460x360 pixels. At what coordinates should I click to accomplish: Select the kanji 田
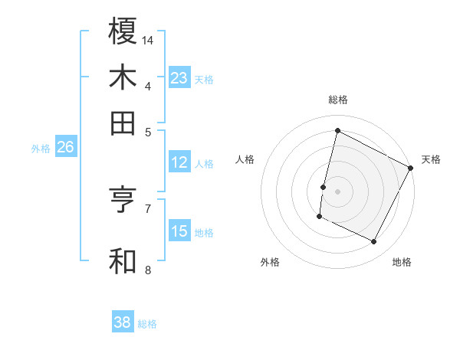123,123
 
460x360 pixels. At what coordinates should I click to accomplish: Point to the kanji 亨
123,200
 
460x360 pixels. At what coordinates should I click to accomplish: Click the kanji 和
123,260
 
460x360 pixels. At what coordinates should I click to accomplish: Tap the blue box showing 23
179,78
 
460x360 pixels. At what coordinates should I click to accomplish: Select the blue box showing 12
179,162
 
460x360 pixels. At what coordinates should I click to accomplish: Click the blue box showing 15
179,231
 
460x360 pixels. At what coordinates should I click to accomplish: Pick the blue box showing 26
65,147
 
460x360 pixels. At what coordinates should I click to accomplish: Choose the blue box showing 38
123,322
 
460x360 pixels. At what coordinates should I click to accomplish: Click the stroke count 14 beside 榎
148,39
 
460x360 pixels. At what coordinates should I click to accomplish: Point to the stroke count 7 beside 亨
148,208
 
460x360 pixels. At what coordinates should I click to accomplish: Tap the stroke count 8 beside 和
148,270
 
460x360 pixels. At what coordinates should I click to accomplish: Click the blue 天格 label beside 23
204,80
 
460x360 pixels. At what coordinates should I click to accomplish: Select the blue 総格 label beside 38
147,324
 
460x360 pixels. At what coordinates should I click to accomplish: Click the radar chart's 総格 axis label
337,100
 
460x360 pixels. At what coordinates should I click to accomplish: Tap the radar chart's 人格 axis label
245,159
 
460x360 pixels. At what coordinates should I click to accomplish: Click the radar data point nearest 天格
412,169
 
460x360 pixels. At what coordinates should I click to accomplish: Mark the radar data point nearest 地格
374,242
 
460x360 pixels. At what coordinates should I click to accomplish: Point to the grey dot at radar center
337,189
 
